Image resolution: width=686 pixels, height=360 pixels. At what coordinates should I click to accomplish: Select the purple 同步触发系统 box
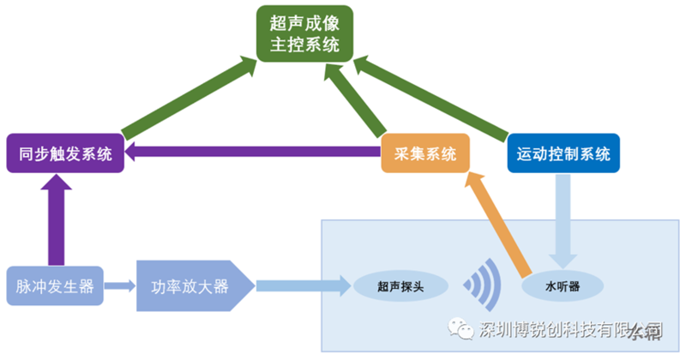point(65,154)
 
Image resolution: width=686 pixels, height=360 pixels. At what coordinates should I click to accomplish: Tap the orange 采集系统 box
point(425,154)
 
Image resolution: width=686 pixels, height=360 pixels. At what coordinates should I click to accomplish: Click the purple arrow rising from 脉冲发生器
point(57,219)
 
